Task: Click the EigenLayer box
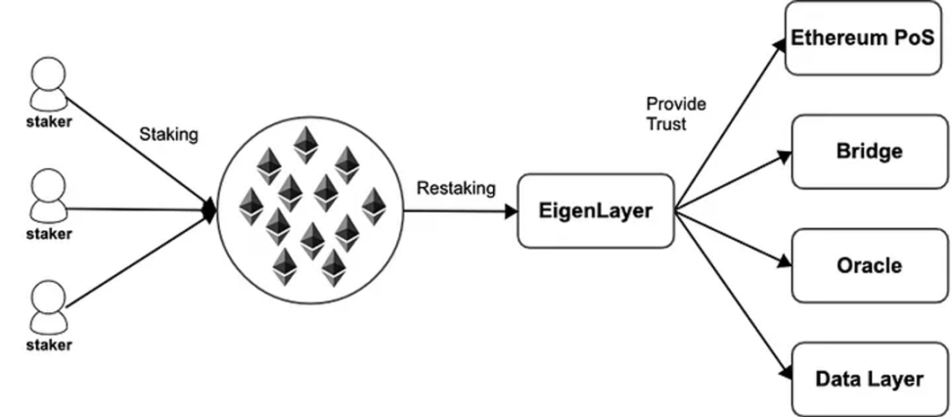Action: (x=596, y=210)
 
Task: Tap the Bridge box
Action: (x=869, y=152)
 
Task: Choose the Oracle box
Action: (x=869, y=265)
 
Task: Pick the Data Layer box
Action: (x=869, y=379)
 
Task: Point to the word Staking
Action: (x=169, y=135)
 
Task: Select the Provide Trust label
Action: (x=675, y=115)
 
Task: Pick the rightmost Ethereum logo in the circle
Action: (x=373, y=206)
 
